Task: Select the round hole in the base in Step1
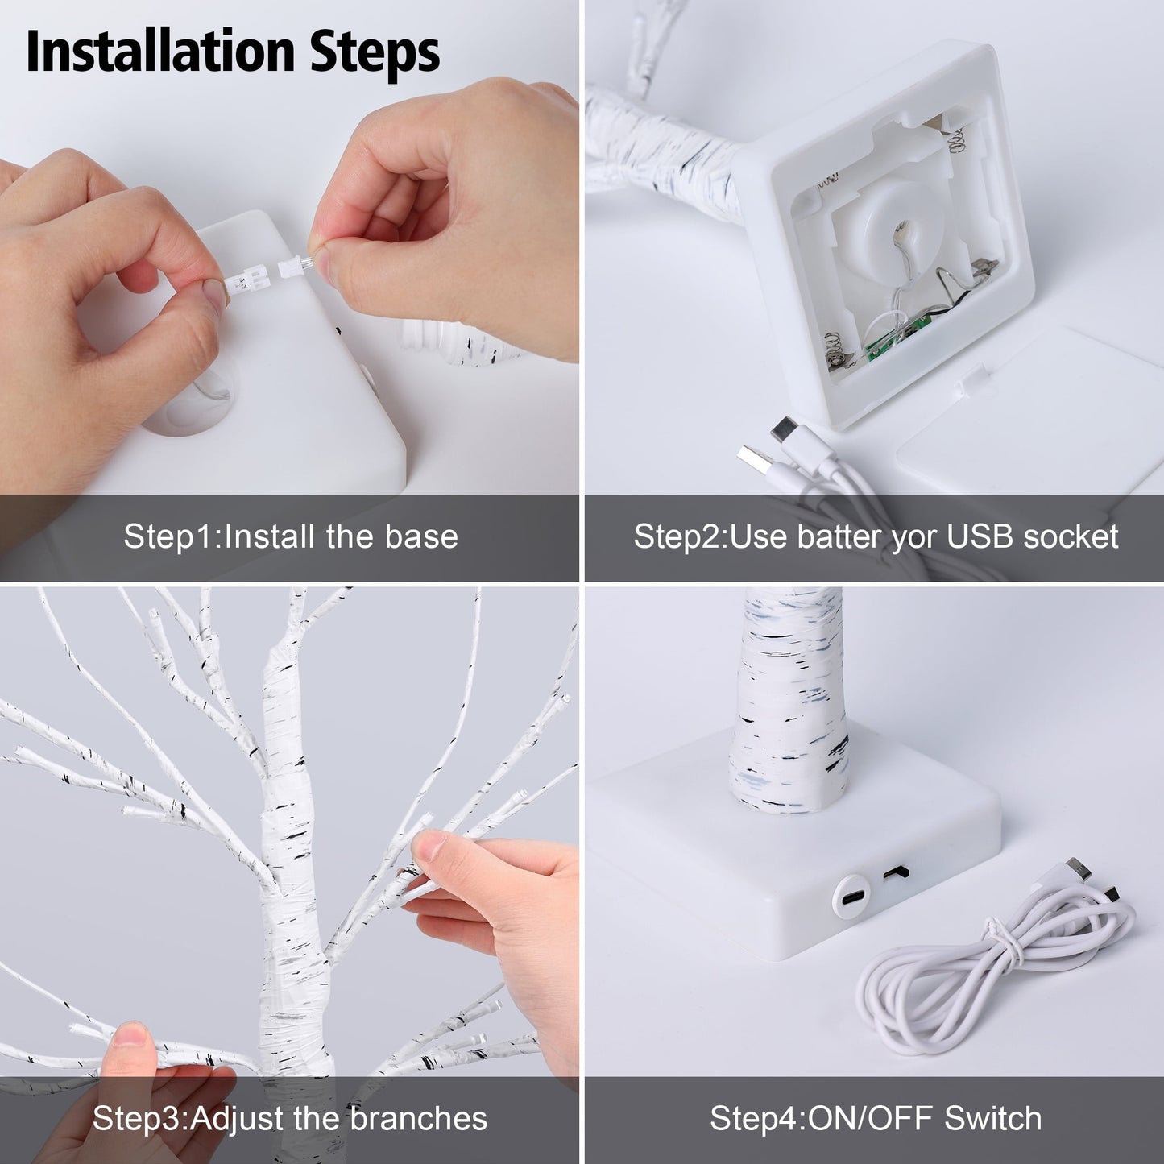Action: point(194,402)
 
